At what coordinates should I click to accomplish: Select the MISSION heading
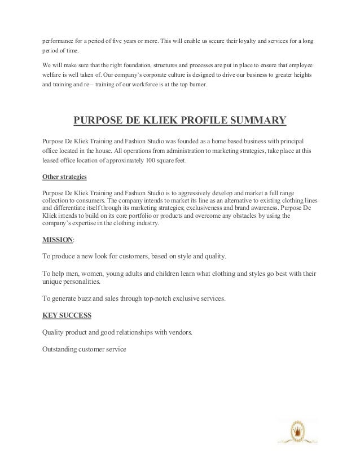pos(58,239)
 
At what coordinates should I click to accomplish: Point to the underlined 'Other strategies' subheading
pos(65,177)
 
